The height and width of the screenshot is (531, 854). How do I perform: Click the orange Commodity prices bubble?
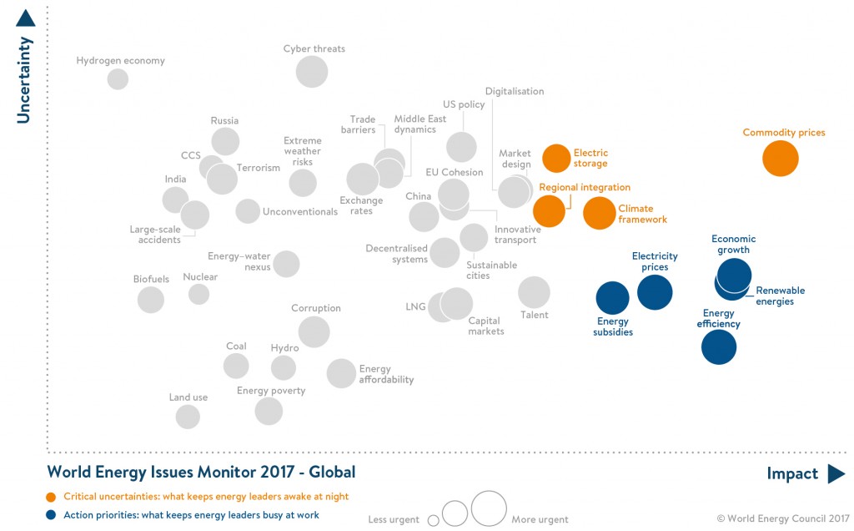point(781,158)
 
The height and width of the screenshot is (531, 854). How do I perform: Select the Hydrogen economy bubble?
point(118,79)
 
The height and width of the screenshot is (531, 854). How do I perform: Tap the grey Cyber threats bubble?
point(313,71)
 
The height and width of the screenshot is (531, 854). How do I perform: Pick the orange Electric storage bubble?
point(556,158)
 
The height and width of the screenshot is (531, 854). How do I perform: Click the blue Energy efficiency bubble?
point(719,347)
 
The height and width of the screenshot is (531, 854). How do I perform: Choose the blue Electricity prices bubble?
point(655,292)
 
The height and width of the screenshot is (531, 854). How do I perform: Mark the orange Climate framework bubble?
point(599,213)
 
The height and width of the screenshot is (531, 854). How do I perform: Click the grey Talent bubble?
point(534,292)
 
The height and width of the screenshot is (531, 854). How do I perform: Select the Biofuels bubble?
point(151,299)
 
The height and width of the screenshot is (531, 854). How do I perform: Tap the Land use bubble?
point(188,417)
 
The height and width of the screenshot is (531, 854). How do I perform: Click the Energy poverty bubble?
point(269,411)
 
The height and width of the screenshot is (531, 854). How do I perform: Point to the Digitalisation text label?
point(515,92)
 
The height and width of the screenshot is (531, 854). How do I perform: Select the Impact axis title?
point(792,474)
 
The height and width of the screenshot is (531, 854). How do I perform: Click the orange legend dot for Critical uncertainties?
point(53,497)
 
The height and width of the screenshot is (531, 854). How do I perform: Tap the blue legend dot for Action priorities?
point(53,515)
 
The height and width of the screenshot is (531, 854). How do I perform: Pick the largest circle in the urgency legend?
point(489,508)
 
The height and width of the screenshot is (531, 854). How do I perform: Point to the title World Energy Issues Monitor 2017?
point(201,473)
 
